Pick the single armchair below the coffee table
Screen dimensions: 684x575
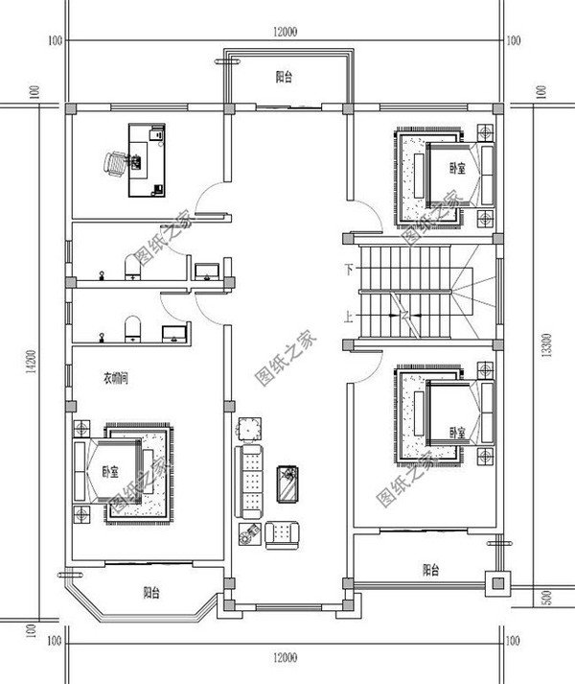[x=282, y=532]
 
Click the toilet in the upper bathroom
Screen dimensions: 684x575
[x=133, y=267]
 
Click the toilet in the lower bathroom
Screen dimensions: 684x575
[x=134, y=328]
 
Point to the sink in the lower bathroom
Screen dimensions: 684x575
[x=174, y=333]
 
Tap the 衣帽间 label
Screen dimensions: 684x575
[x=115, y=380]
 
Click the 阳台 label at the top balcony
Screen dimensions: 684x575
[x=284, y=78]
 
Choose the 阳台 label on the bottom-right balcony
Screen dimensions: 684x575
[x=431, y=570]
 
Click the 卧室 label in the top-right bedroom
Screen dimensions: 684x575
[x=457, y=168]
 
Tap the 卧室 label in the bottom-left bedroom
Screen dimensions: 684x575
[x=110, y=472]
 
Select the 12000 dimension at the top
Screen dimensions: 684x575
[x=285, y=32]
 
